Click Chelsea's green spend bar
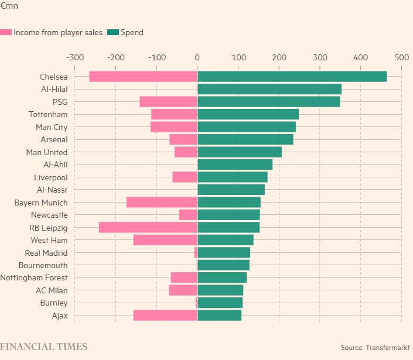292,77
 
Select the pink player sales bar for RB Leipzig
148,228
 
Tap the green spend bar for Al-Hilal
269,89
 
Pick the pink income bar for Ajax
165,316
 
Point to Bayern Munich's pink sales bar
162,203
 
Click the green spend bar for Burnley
220,303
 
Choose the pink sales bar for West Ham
165,240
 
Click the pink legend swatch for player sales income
6,33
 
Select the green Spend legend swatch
112,33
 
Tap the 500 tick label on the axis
401,57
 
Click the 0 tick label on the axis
197,57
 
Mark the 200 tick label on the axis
279,57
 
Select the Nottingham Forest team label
34,278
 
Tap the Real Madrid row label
46,253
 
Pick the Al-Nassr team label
52,190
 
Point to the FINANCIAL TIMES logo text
44,347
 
